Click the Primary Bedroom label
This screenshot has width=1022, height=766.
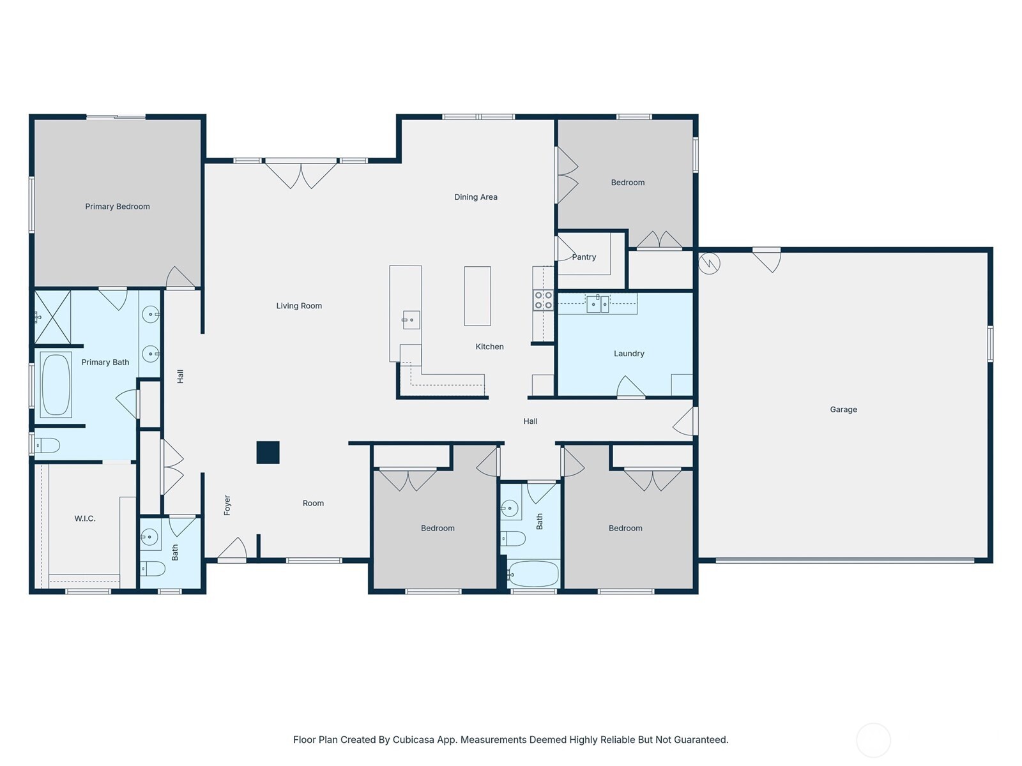(118, 206)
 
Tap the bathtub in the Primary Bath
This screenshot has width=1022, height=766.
(56, 384)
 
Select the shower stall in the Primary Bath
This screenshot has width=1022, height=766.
(52, 317)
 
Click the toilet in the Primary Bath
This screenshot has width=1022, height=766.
(47, 445)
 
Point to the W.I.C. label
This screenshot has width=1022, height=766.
(85, 518)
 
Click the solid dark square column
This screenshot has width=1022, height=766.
(268, 453)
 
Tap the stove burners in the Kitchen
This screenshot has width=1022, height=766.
(543, 300)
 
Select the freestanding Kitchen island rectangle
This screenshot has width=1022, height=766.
(477, 296)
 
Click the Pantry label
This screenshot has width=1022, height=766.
(584, 257)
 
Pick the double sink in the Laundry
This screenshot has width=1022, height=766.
(598, 304)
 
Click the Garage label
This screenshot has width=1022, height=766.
(843, 409)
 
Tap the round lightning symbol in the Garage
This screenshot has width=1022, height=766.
(710, 263)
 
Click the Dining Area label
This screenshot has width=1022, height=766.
(476, 197)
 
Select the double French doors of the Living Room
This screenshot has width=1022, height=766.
(301, 172)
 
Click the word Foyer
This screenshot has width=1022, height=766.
(227, 505)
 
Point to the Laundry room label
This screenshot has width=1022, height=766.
(629, 353)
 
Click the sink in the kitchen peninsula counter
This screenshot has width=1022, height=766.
(411, 319)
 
